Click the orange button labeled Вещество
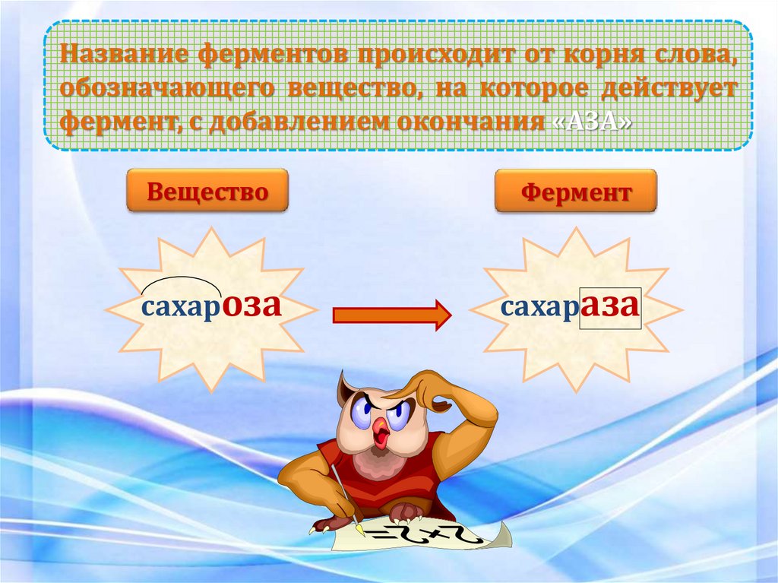pyautogui.click(x=207, y=191)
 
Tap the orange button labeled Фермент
pyautogui.click(x=576, y=192)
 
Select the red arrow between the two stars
pyautogui.click(x=391, y=314)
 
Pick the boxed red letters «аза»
pyautogui.click(x=612, y=306)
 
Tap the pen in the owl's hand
pyautogui.click(x=346, y=498)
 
